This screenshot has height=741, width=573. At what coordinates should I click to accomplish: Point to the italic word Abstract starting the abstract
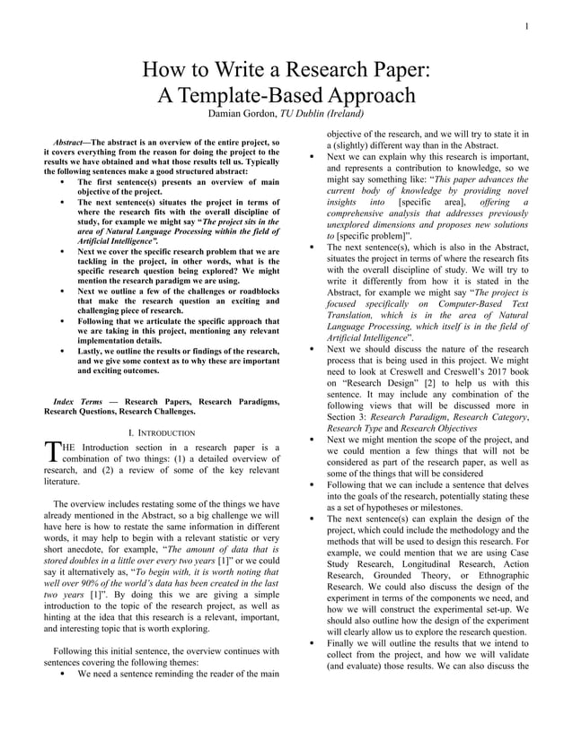pyautogui.click(x=69, y=143)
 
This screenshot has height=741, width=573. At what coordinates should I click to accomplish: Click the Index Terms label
pyautogui.click(x=76, y=401)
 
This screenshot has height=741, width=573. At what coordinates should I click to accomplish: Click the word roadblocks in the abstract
pyautogui.click(x=257, y=292)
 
